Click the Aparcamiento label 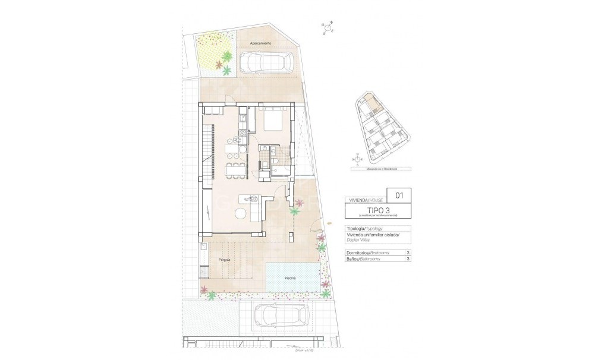tap(260, 43)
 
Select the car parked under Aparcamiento tap(267, 62)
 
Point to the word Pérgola tap(225, 260)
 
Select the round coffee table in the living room tap(241, 214)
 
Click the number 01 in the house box tap(399, 194)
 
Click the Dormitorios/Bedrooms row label tap(368, 253)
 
